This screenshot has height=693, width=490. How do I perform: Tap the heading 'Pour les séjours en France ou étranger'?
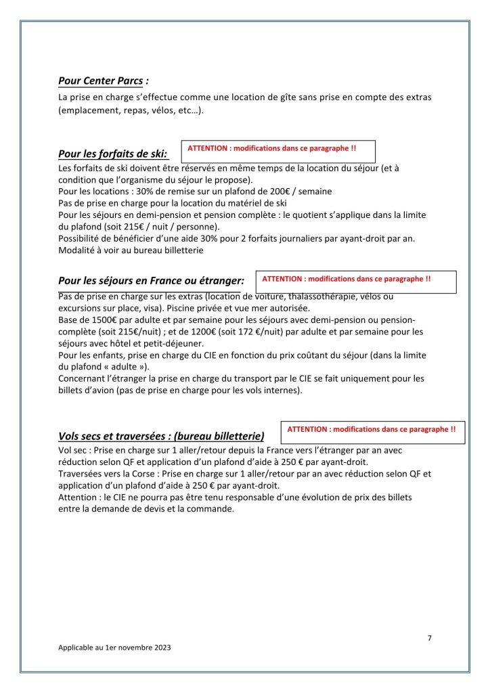coord(151,280)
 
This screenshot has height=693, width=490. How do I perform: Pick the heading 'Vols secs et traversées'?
coord(161,436)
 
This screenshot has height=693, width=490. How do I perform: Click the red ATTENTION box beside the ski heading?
coord(277,151)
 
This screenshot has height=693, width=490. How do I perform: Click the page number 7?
coord(430,638)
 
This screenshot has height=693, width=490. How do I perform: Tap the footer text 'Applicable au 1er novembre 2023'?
coord(114,648)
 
